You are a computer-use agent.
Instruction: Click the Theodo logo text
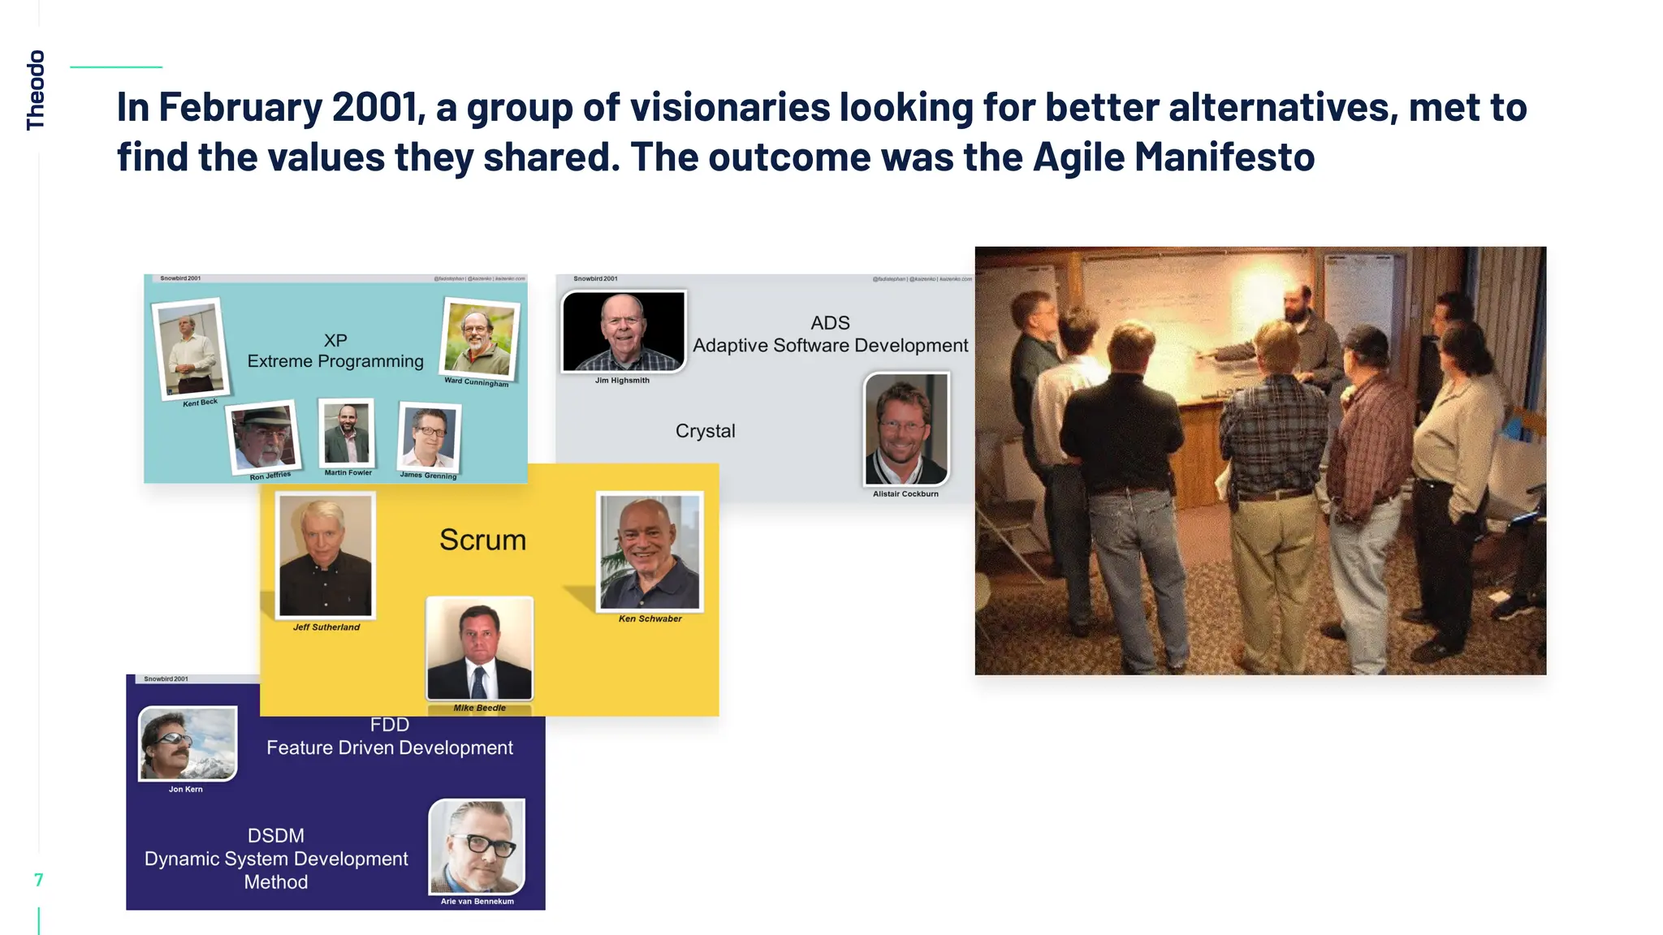(36, 89)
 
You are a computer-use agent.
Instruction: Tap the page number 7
(38, 880)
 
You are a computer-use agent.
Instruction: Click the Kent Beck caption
(200, 403)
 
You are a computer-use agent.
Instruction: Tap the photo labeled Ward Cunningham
(479, 338)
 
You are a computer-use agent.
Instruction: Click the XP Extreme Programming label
(335, 351)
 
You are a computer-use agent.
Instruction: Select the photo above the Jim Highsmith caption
(623, 331)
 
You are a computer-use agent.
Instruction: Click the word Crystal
(705, 431)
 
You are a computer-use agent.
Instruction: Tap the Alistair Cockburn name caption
(905, 493)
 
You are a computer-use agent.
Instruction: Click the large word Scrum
(482, 540)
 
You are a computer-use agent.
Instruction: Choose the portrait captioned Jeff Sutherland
(326, 556)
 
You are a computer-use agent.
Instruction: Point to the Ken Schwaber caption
(650, 618)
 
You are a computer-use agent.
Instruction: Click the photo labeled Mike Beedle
(480, 648)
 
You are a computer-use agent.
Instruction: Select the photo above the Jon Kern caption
(188, 743)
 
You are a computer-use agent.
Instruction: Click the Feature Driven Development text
(390, 748)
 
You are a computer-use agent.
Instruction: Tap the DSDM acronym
(276, 835)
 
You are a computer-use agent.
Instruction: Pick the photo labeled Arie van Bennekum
(477, 847)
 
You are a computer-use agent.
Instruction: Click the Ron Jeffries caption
(270, 476)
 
